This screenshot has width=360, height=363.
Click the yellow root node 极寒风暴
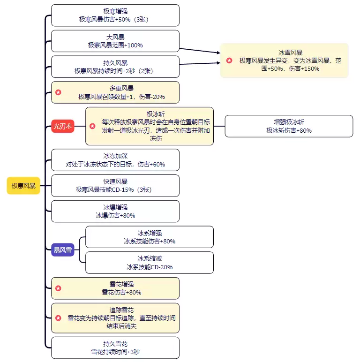click(x=23, y=186)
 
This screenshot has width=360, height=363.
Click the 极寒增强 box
click(x=115, y=15)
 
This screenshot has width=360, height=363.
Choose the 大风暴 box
click(x=115, y=41)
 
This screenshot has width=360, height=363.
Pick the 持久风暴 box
click(x=115, y=67)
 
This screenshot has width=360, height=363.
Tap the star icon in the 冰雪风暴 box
click(x=229, y=60)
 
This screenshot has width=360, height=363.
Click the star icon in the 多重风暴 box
click(x=58, y=92)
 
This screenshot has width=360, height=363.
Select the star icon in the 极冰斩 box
click(x=92, y=126)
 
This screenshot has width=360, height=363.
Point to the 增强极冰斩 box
click(x=289, y=126)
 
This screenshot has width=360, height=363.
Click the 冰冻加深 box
click(x=115, y=160)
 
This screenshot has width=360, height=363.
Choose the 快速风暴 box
click(x=115, y=186)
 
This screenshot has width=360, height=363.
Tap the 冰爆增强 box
click(x=115, y=211)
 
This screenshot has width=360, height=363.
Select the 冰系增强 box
click(x=149, y=237)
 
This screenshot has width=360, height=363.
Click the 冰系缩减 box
click(x=149, y=263)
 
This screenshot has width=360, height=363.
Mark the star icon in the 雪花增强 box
click(x=58, y=288)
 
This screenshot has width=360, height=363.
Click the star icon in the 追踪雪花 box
click(x=58, y=318)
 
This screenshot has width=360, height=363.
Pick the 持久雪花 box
click(x=115, y=348)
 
